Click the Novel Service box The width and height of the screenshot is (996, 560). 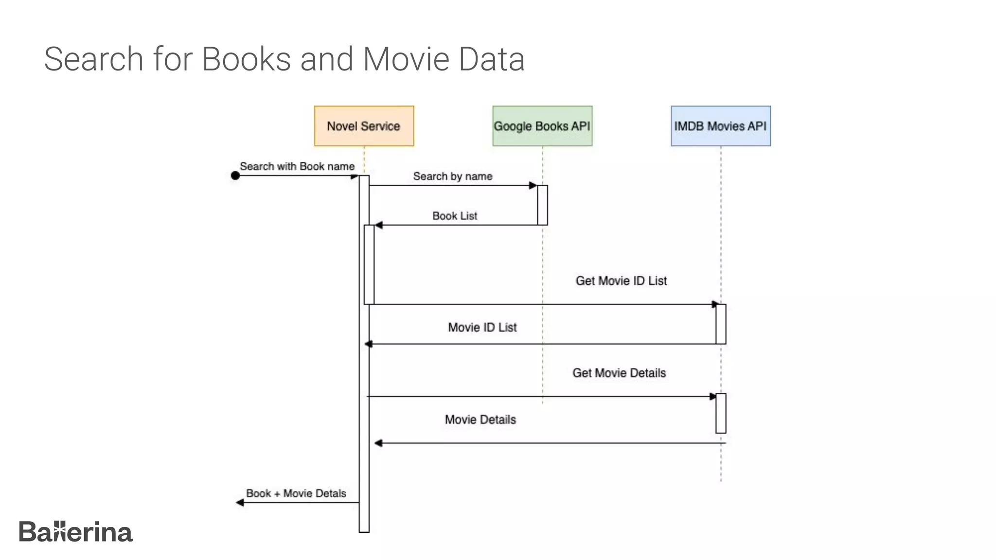click(364, 126)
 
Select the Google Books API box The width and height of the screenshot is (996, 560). click(542, 126)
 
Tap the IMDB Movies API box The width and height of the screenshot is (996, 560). click(721, 126)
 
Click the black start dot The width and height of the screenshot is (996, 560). click(235, 175)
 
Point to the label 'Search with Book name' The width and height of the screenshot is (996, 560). click(297, 166)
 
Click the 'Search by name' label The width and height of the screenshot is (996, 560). click(452, 176)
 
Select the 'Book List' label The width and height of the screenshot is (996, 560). click(454, 215)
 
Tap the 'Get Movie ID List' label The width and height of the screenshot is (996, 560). click(621, 280)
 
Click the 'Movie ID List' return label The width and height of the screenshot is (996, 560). click(482, 327)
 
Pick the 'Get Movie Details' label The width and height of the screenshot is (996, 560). click(619, 373)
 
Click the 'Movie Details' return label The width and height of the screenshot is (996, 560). click(480, 420)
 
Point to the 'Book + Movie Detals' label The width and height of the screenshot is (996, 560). click(296, 493)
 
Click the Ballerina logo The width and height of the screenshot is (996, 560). click(75, 532)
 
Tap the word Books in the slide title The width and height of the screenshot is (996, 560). click(246, 59)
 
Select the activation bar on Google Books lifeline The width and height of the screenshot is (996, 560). click(542, 205)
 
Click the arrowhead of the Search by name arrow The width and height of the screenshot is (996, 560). click(533, 185)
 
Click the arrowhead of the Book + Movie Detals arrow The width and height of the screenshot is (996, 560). click(240, 503)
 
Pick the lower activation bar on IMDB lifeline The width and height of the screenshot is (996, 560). click(721, 413)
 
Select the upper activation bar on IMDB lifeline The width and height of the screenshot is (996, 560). click(721, 324)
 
